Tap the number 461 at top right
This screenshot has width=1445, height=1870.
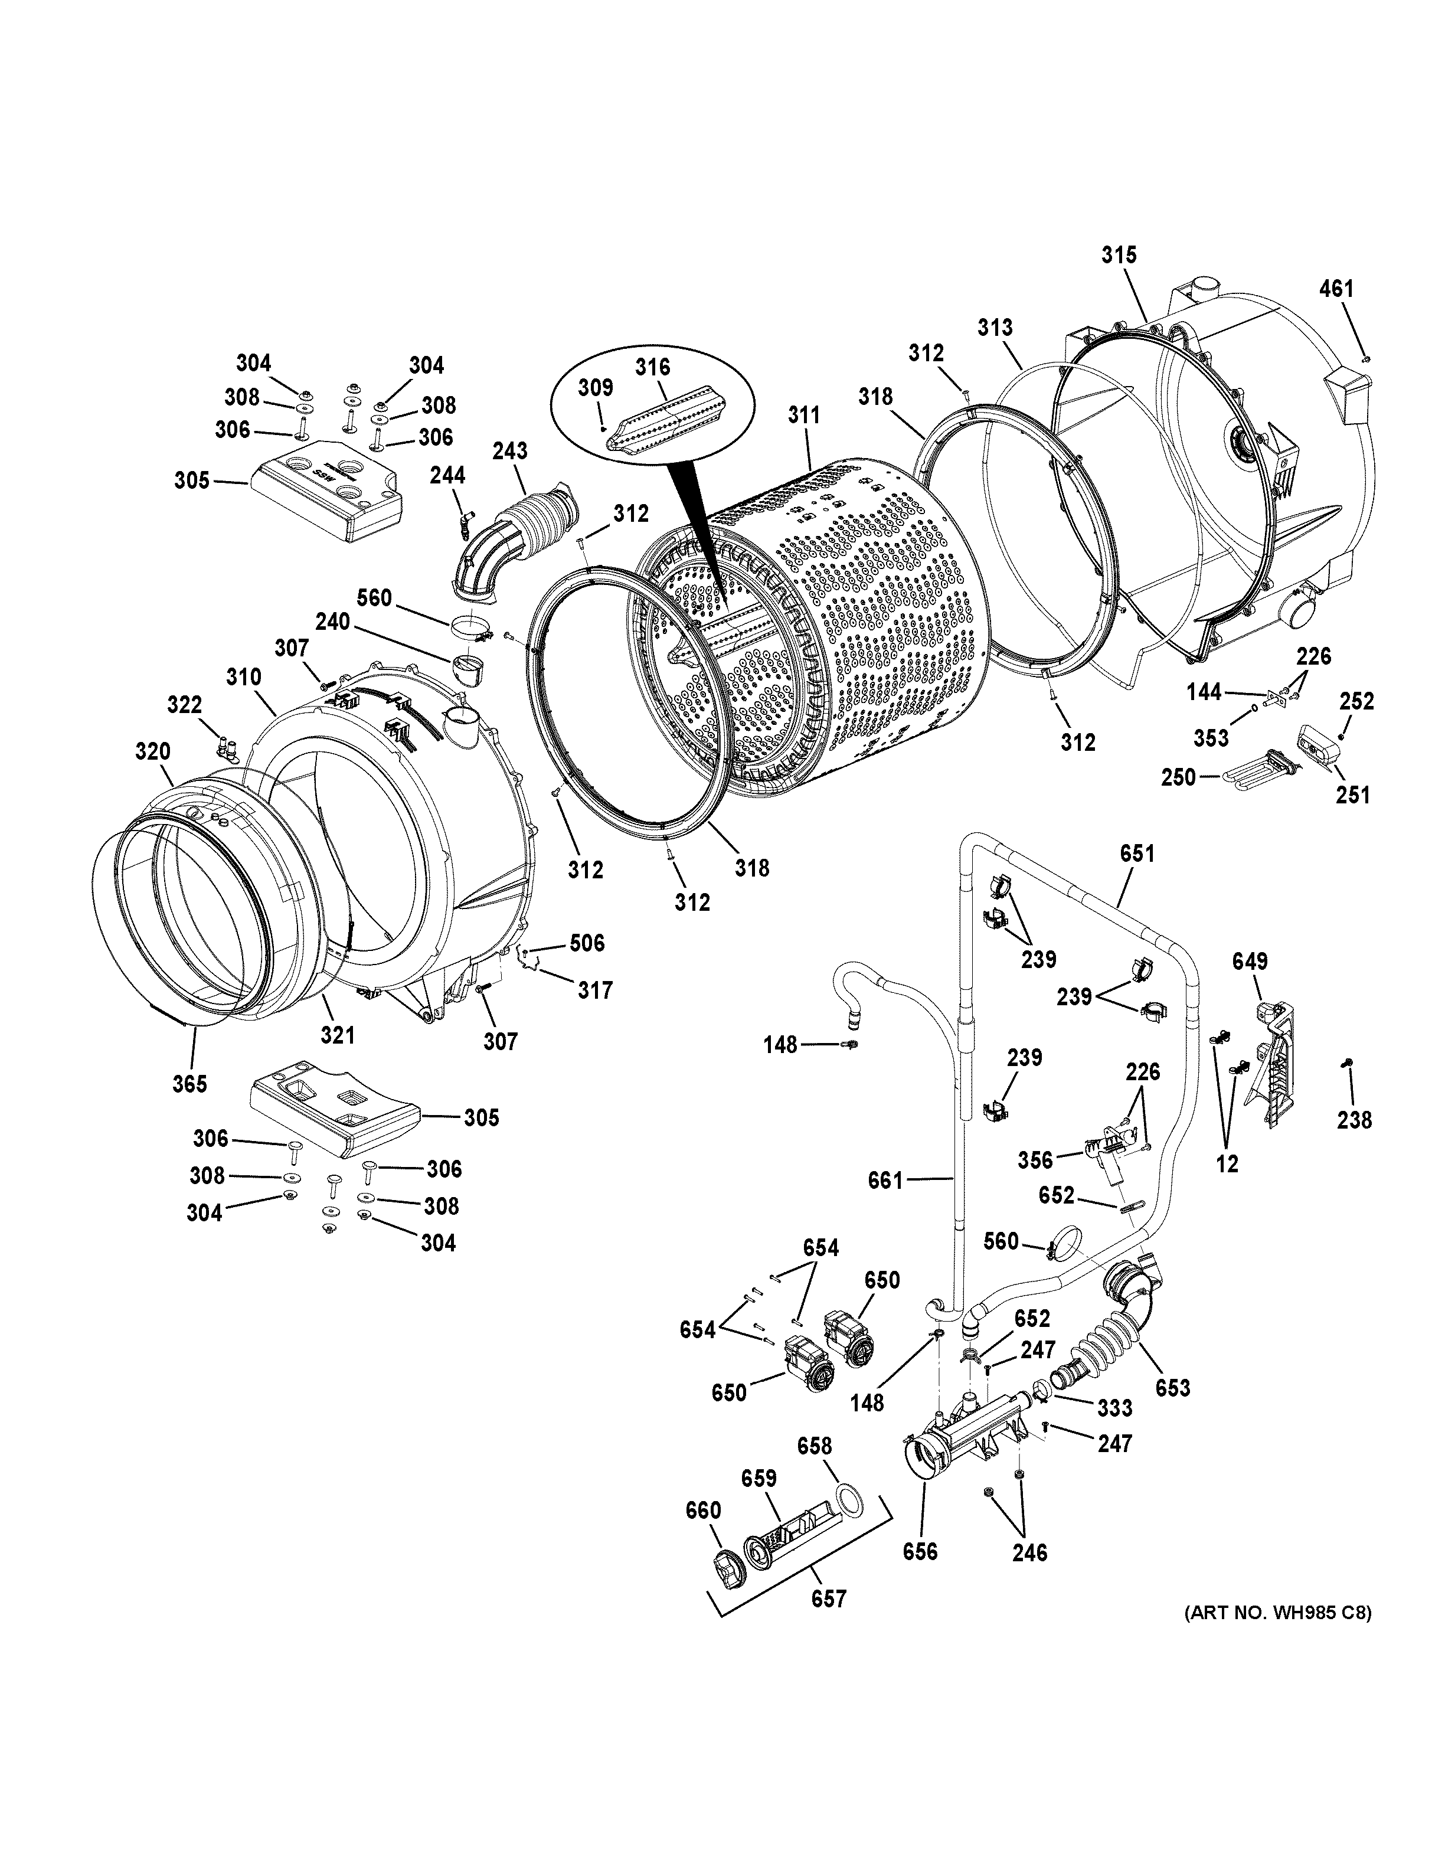pyautogui.click(x=1336, y=289)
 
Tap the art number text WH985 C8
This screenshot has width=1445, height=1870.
pyautogui.click(x=1278, y=1613)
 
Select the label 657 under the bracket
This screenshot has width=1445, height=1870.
pyautogui.click(x=829, y=1598)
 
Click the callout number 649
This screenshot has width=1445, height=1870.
pyautogui.click(x=1249, y=961)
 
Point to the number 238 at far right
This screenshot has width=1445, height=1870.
pyautogui.click(x=1354, y=1119)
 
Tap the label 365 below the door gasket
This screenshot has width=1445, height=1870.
pyautogui.click(x=189, y=1083)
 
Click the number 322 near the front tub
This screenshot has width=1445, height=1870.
pyautogui.click(x=184, y=705)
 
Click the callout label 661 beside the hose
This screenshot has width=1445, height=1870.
pyautogui.click(x=885, y=1181)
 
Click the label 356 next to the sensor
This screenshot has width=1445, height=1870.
pyautogui.click(x=1035, y=1159)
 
